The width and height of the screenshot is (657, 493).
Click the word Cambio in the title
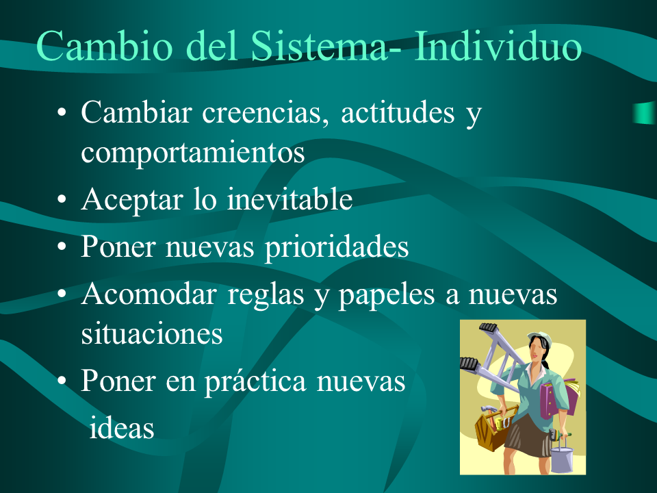coord(105,45)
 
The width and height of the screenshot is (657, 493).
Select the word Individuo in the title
coord(498,45)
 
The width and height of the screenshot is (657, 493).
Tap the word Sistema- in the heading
coord(326,45)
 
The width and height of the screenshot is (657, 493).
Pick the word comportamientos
coord(193,153)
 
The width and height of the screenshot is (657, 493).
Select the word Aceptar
coord(132,199)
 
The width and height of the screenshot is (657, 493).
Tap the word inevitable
coord(289,199)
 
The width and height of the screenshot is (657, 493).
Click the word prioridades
coord(337,247)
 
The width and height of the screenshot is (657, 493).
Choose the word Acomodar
coord(149,294)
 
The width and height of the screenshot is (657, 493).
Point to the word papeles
coord(386,295)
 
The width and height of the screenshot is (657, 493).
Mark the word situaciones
coord(152,333)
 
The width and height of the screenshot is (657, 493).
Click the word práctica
coord(255,381)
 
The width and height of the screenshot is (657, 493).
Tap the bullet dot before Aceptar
coord(62,200)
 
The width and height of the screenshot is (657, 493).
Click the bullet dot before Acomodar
coord(62,294)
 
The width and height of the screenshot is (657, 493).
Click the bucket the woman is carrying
coord(561,458)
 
